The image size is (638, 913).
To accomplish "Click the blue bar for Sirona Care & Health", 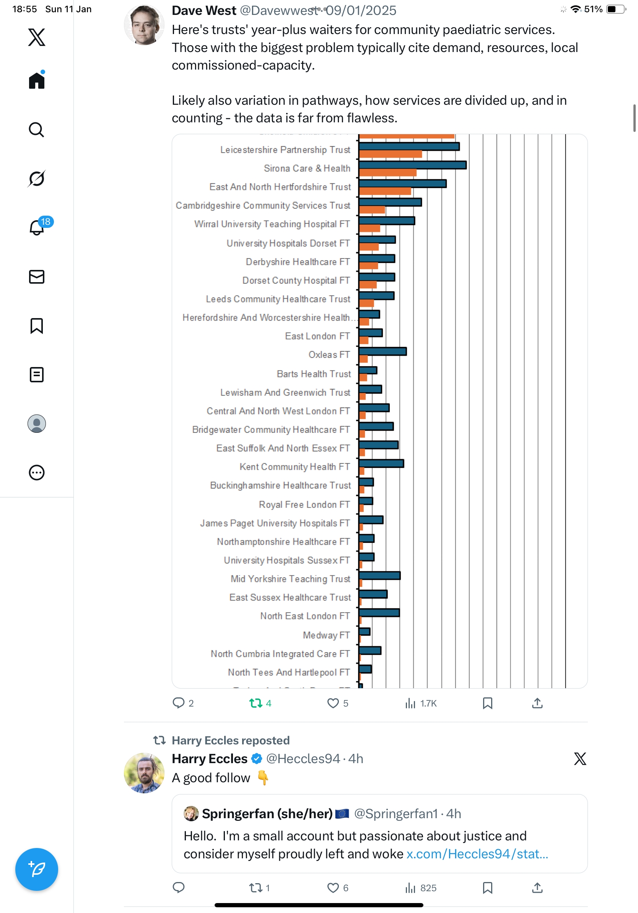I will click(x=412, y=165).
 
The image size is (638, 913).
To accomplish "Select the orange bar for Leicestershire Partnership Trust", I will click(x=390, y=154).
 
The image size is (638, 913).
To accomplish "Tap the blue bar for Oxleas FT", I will click(x=382, y=351).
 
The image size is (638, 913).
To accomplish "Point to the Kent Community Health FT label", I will click(x=295, y=467).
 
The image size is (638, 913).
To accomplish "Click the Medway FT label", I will click(x=326, y=635).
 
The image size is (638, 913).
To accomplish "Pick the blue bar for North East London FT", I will click(x=379, y=612).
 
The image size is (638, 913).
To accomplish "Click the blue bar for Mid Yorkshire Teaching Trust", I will click(x=379, y=575).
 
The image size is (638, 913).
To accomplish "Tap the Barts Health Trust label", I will click(x=313, y=374).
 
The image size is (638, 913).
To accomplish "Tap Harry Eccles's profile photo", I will click(x=144, y=773).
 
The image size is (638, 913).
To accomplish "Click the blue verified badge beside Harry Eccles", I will click(x=257, y=759).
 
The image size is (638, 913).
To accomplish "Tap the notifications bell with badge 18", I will click(x=37, y=227).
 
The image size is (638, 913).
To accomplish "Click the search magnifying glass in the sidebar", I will click(x=37, y=130).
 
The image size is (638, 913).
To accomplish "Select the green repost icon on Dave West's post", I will click(x=256, y=703).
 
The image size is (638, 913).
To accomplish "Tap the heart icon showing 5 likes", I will click(x=332, y=703).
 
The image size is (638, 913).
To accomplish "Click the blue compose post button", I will click(x=37, y=869).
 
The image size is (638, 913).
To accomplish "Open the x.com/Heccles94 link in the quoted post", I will click(x=477, y=854).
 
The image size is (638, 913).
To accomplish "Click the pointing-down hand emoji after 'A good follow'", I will click(x=263, y=778).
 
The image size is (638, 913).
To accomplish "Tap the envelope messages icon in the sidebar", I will click(x=37, y=277).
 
